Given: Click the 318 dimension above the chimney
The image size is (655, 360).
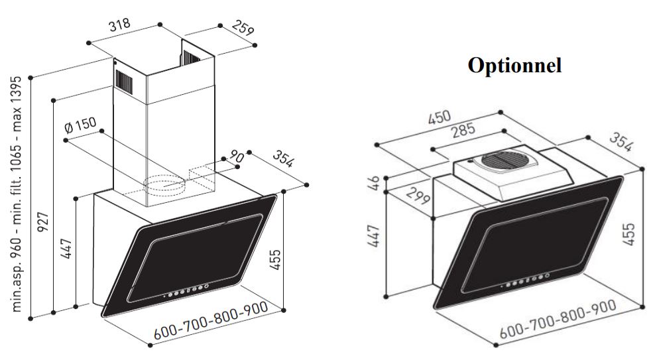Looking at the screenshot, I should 119,28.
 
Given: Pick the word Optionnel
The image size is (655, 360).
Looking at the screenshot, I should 514,66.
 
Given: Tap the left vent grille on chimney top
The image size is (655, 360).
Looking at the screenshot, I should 125,78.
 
